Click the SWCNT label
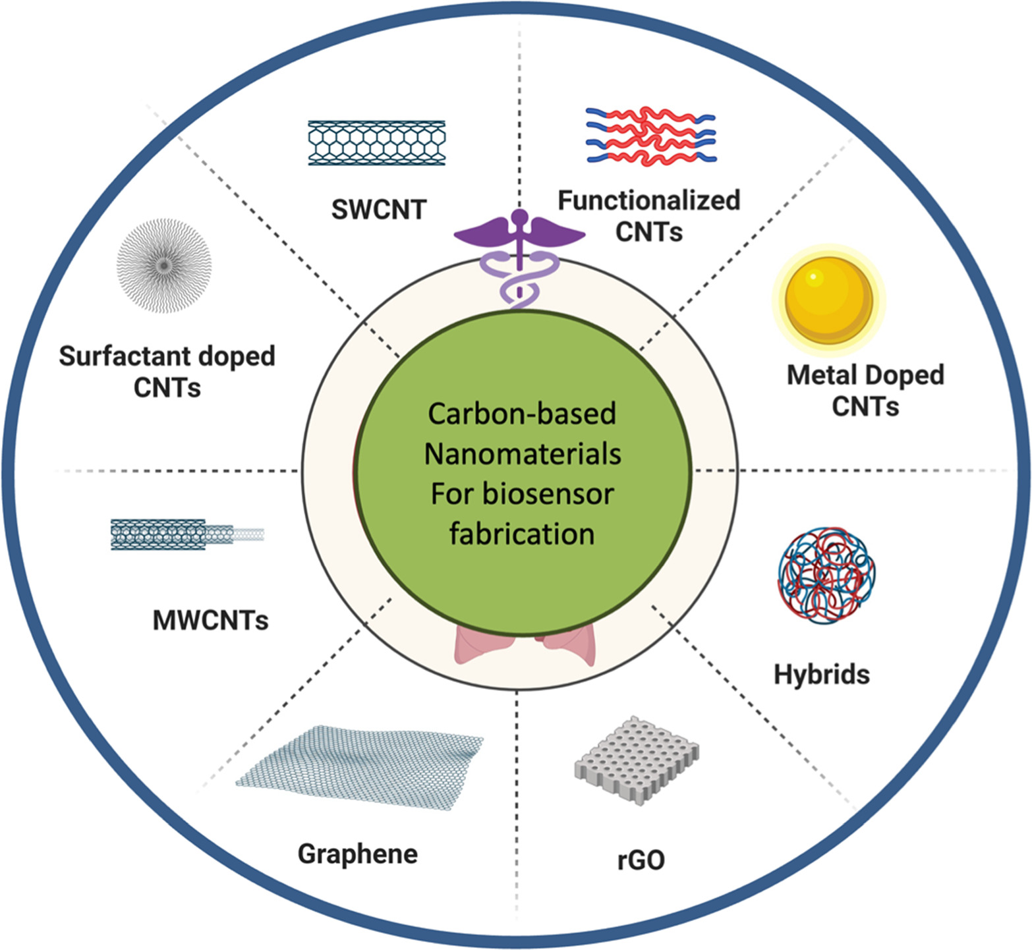[x=378, y=210]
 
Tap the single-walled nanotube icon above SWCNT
[x=376, y=143]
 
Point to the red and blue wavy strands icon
[x=650, y=136]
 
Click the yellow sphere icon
[x=829, y=300]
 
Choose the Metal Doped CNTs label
[x=865, y=390]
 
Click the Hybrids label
[x=821, y=675]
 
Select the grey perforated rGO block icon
[x=637, y=758]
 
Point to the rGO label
[x=641, y=859]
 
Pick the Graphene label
[x=357, y=854]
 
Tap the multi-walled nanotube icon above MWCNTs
[x=187, y=534]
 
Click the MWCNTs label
[x=210, y=620]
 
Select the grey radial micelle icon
[x=163, y=265]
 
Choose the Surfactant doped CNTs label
[x=167, y=372]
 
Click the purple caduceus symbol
[x=519, y=257]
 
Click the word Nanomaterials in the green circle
[x=522, y=454]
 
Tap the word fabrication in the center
[x=522, y=534]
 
